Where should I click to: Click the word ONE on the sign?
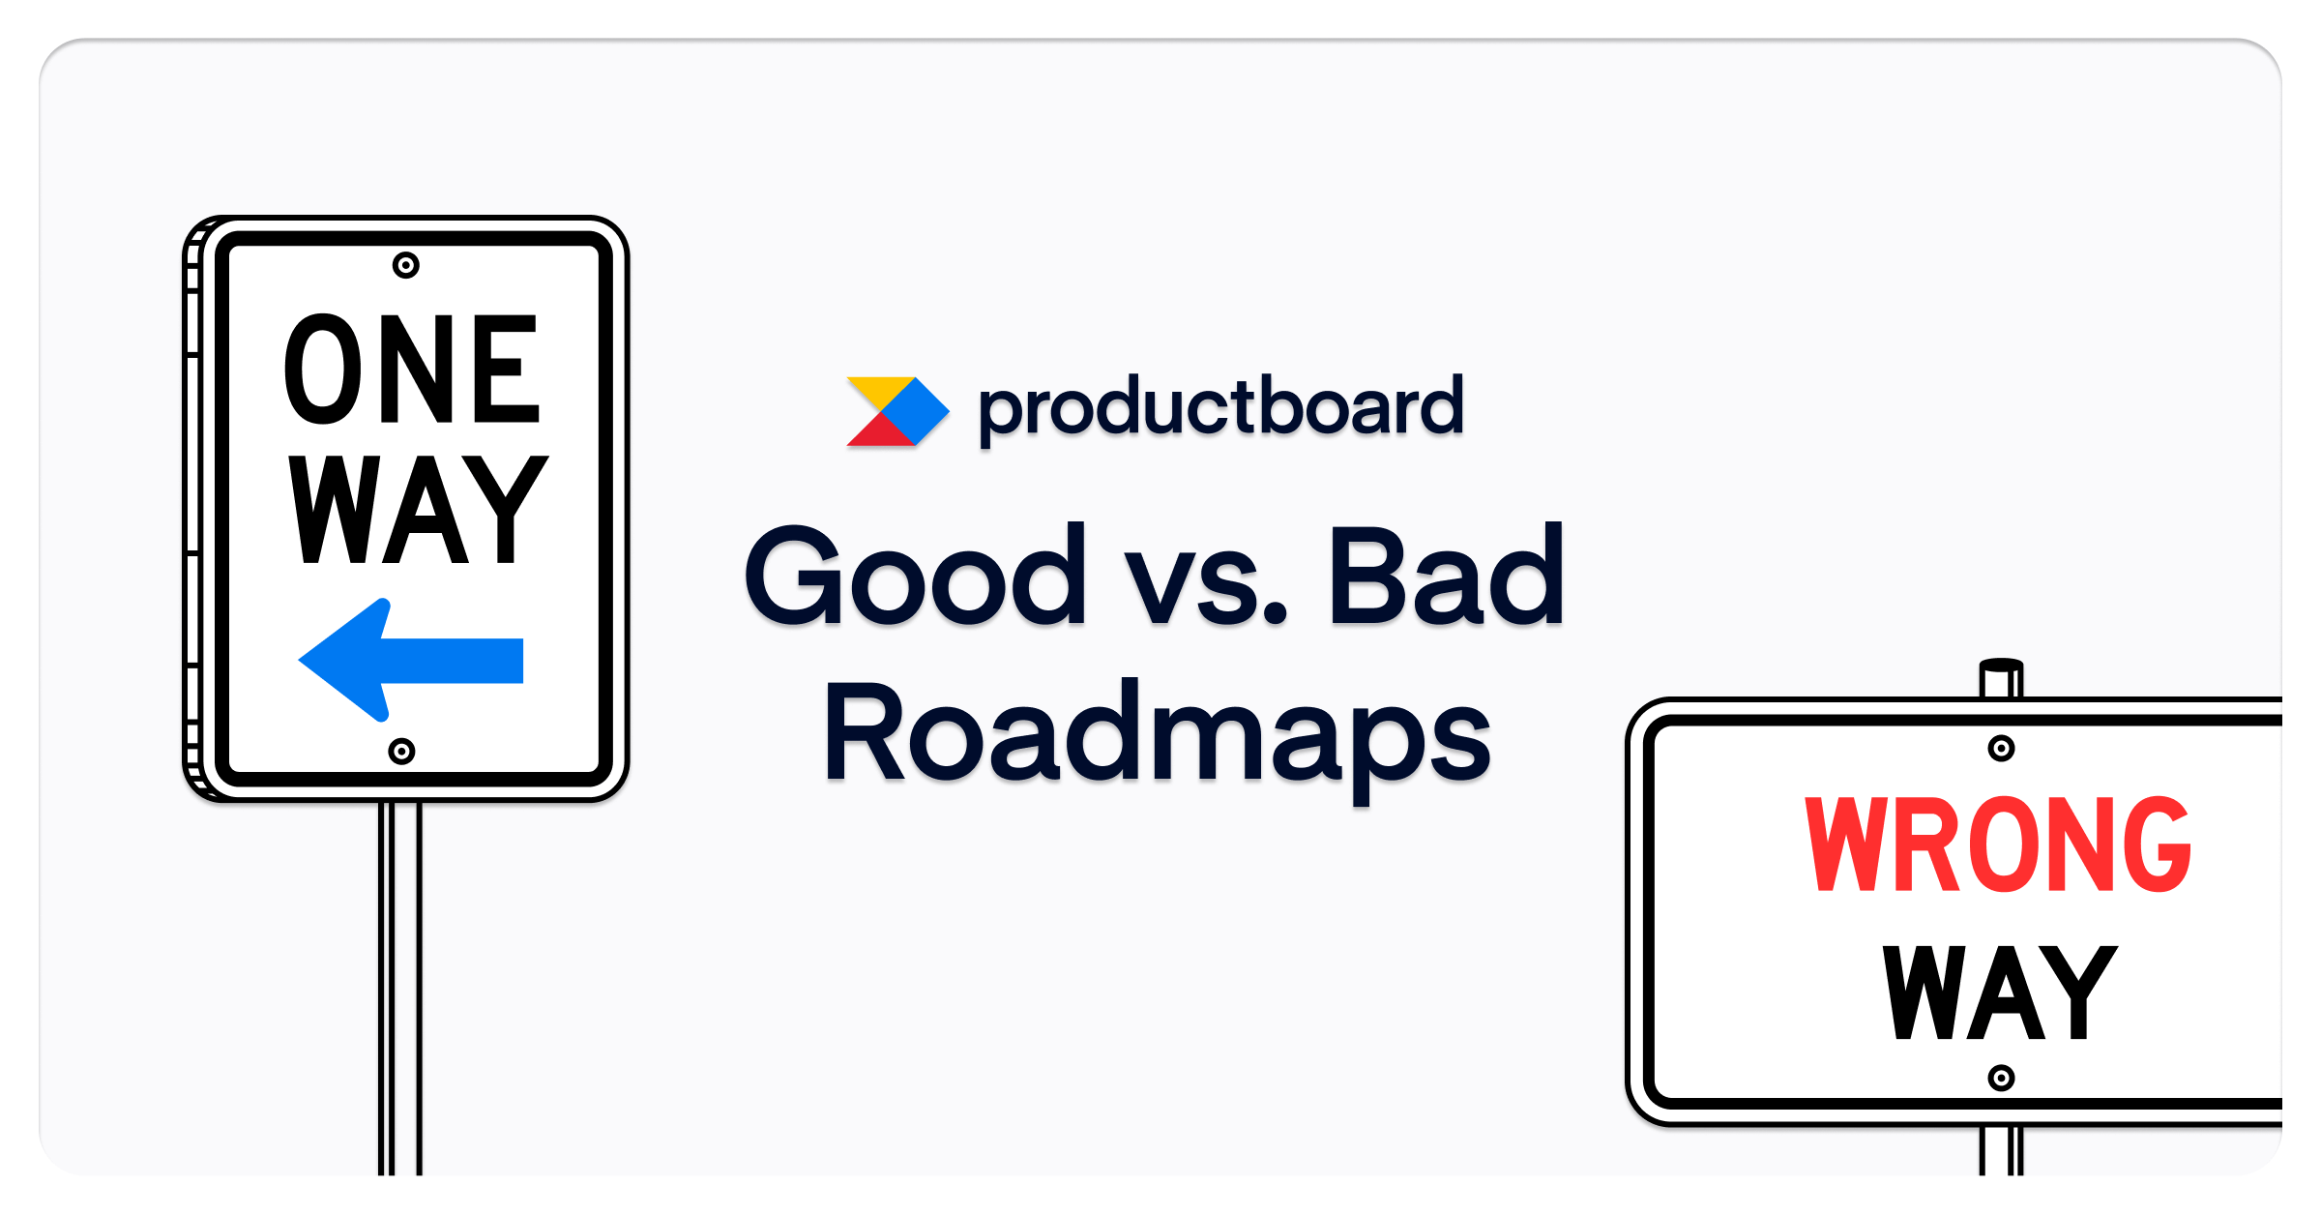(411, 369)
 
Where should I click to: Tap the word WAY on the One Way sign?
(418, 509)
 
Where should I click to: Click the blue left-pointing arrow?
(411, 660)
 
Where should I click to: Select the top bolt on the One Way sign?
(406, 265)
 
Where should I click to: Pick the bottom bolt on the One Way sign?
(401, 752)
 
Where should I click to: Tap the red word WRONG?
(1997, 845)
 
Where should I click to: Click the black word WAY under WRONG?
(2000, 993)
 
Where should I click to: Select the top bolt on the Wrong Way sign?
(2001, 748)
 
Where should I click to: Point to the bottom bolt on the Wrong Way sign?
(2001, 1078)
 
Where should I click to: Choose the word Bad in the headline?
(1446, 575)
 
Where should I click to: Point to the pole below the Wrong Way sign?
(2001, 1151)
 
